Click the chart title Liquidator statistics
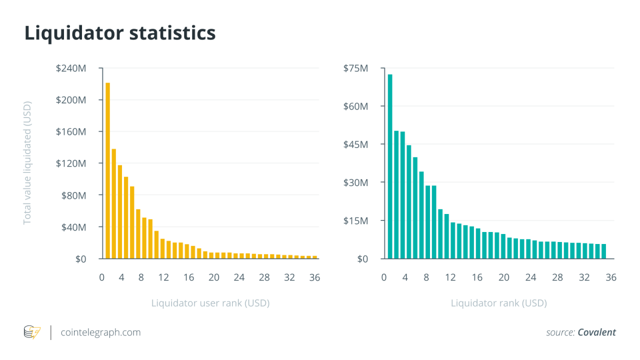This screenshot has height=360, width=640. coord(120,33)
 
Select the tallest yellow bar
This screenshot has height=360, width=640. coord(107,170)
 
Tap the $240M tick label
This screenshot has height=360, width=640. coord(71,68)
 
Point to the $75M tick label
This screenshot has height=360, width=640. coord(355,68)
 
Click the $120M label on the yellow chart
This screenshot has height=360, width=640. coord(71,163)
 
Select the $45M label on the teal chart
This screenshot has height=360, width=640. coord(355,144)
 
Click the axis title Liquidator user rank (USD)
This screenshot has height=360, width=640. coord(210,303)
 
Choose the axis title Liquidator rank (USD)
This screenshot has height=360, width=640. coord(498,303)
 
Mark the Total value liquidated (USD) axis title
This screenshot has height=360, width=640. coord(27,163)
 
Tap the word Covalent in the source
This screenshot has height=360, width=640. coord(596,332)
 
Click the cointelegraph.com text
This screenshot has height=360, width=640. coord(100,332)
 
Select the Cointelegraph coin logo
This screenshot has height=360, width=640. coord(32,332)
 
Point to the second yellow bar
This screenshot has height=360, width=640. coord(114,203)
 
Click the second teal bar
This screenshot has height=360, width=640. coord(396,194)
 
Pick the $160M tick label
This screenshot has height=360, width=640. coord(71,131)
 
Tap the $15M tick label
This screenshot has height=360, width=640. coord(355,220)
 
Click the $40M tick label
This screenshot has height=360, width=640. coord(73,227)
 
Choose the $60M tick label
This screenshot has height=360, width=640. coord(355,106)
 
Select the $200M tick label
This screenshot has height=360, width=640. coord(71,100)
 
